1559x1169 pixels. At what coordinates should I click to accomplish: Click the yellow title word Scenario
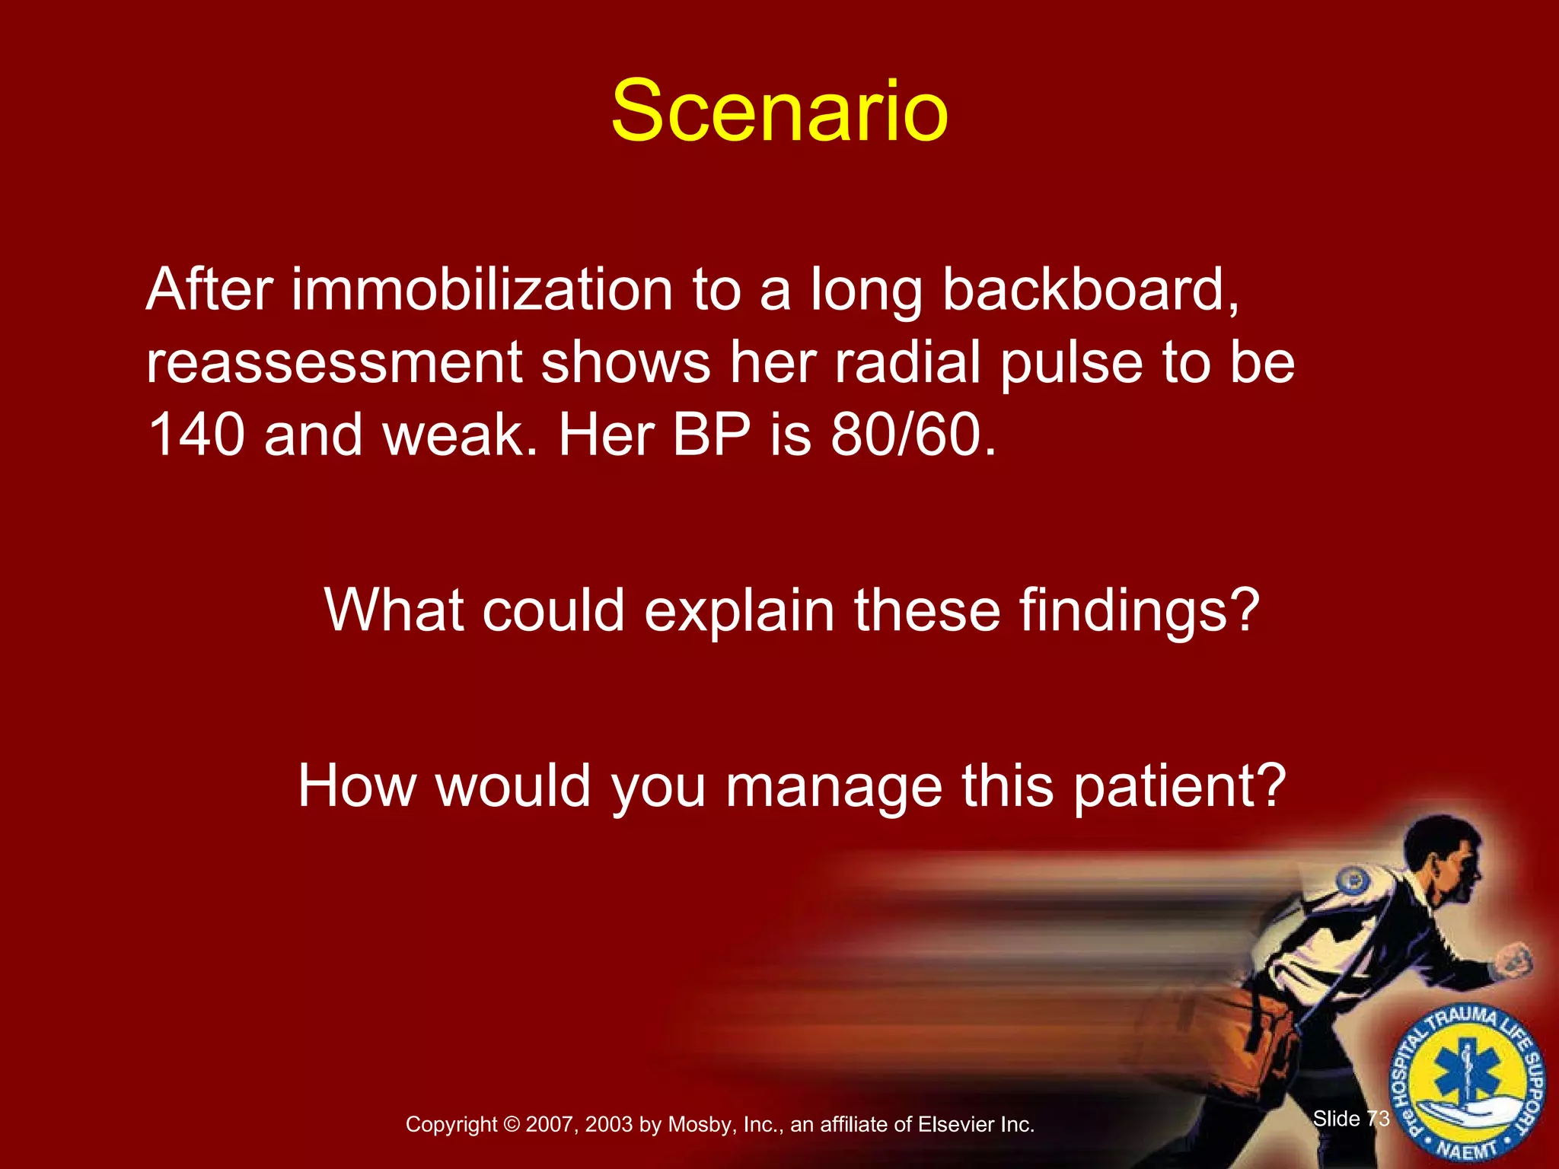coord(779,112)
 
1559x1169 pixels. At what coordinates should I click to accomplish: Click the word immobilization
coord(482,290)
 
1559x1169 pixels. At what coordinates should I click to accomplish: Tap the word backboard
coord(1090,290)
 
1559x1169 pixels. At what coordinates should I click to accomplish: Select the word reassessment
coord(333,363)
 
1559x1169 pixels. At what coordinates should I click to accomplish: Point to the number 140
coord(196,435)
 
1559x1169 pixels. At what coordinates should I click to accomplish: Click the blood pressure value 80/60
coord(912,435)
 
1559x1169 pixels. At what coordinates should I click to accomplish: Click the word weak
coord(454,435)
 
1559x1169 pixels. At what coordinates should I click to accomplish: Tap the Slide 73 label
coord(1351,1119)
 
